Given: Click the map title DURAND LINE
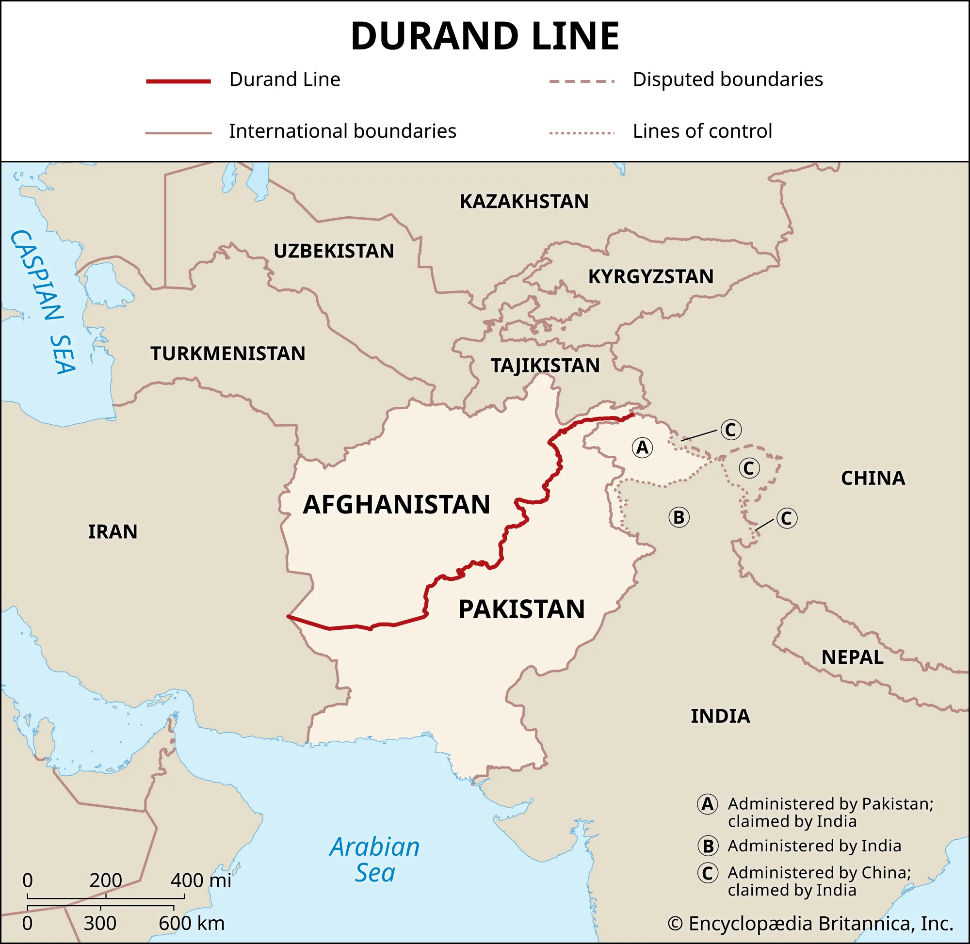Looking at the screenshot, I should [485, 36].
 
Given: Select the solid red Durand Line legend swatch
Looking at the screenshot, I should [178, 81].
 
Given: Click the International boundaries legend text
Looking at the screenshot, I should [342, 131].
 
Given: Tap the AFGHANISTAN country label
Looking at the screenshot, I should [396, 505].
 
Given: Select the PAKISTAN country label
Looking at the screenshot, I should [521, 609].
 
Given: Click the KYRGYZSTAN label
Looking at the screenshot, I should [651, 277].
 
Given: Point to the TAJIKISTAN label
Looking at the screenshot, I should [545, 366].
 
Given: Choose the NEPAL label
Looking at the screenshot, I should [852, 657].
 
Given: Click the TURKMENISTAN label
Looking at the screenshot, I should [227, 353].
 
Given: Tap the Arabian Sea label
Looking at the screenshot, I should [374, 860].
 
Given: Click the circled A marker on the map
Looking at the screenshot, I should [642, 448].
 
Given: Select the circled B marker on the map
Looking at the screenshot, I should [679, 518].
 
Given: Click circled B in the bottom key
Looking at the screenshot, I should [708, 846].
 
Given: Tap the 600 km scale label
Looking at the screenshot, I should [192, 924].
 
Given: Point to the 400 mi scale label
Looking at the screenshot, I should [201, 880].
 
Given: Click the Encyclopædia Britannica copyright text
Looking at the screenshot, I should [810, 924].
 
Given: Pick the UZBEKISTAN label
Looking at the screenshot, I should [334, 251].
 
